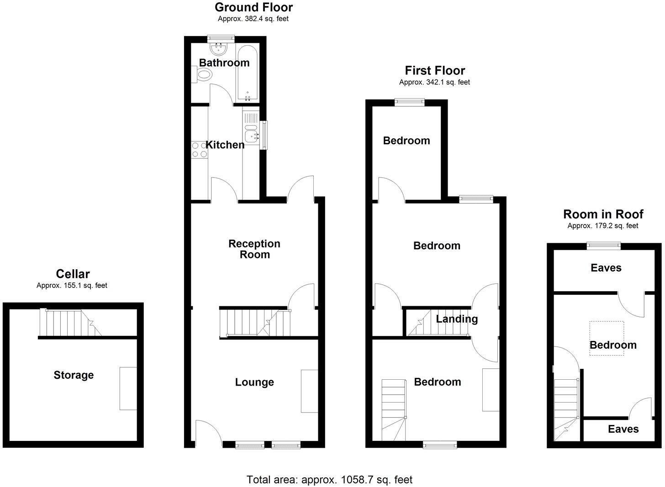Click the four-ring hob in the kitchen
199,150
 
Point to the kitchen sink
251,135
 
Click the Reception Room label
254,249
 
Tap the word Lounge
254,382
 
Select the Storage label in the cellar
74,375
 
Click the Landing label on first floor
457,319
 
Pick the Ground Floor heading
253,7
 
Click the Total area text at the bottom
329,480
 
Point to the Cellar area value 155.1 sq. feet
72,286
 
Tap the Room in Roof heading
603,214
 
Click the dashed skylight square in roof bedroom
607,338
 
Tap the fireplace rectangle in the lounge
309,391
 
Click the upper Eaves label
606,268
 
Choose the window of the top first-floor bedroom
410,102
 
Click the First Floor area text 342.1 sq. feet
434,83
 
